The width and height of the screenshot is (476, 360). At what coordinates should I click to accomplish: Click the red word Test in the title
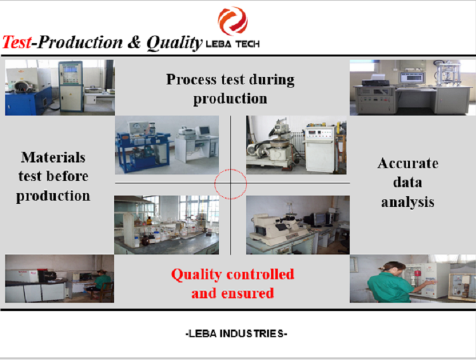pyautogui.click(x=17, y=42)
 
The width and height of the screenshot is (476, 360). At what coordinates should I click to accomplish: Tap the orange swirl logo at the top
pyautogui.click(x=232, y=21)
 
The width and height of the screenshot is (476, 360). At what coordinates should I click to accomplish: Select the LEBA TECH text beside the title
pyautogui.click(x=232, y=44)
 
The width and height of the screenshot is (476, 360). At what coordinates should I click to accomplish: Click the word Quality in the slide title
pyautogui.click(x=175, y=43)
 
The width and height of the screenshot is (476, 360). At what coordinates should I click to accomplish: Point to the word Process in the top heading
pyautogui.click(x=191, y=79)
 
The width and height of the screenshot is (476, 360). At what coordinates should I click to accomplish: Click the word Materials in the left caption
pyautogui.click(x=53, y=157)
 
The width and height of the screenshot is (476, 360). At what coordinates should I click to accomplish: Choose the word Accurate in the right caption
pyautogui.click(x=407, y=163)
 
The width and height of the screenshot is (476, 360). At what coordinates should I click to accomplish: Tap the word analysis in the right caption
pyautogui.click(x=407, y=203)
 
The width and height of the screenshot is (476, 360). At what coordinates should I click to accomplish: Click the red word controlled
pyautogui.click(x=260, y=274)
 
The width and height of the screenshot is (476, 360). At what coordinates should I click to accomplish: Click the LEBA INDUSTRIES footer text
pyautogui.click(x=236, y=333)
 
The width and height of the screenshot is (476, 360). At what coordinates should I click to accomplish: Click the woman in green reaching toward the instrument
pyautogui.click(x=390, y=282)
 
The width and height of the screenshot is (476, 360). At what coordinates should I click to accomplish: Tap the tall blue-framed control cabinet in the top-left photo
pyautogui.click(x=70, y=86)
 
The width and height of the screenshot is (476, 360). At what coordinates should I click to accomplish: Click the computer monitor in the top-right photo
pyautogui.click(x=411, y=77)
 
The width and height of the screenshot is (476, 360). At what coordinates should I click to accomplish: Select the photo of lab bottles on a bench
pyautogui.click(x=166, y=225)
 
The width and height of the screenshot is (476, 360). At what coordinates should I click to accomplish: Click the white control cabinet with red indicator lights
pyautogui.click(x=320, y=149)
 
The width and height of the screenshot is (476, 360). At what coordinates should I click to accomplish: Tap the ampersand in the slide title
pyautogui.click(x=134, y=43)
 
